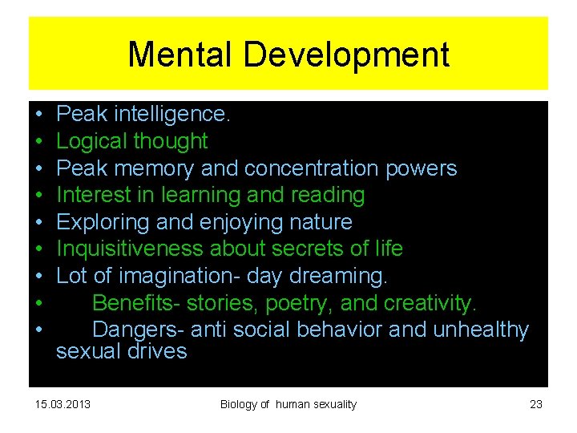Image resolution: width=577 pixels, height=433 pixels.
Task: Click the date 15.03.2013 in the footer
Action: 63,404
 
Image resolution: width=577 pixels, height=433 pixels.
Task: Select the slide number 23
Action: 536,404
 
